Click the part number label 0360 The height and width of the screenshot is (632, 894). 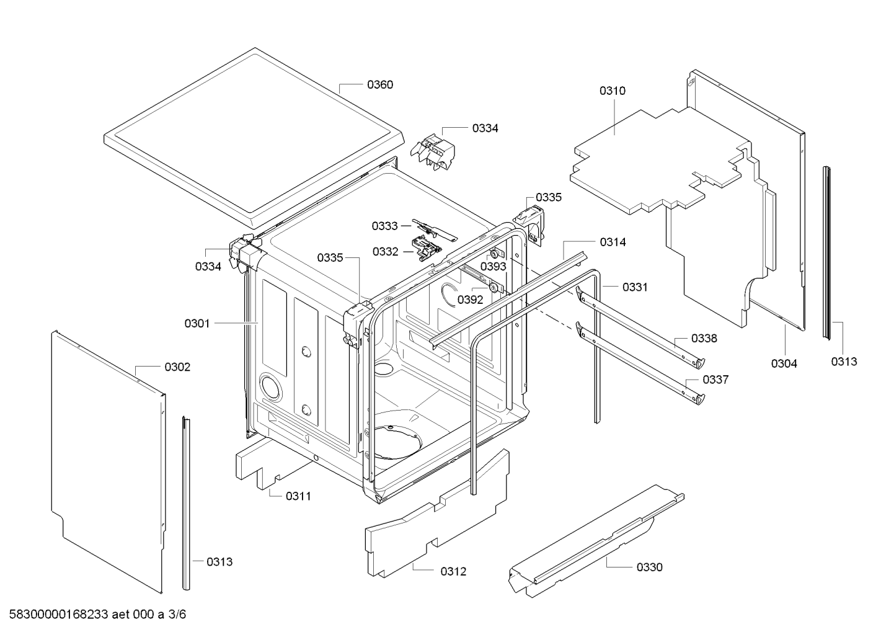click(x=379, y=85)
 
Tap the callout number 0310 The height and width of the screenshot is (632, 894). click(x=612, y=91)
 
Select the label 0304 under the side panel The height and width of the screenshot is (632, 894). click(x=784, y=363)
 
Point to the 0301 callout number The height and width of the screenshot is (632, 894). click(x=197, y=323)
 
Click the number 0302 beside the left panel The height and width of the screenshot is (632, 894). click(x=177, y=367)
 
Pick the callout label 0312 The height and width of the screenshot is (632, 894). click(x=453, y=571)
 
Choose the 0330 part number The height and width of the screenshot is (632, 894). click(x=649, y=567)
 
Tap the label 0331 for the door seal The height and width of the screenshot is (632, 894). click(x=635, y=287)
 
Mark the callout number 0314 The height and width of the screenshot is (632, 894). click(x=613, y=243)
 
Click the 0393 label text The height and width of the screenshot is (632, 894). click(x=493, y=267)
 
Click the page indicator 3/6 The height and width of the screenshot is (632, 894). click(x=177, y=615)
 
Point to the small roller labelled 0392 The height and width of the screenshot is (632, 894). click(x=493, y=287)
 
